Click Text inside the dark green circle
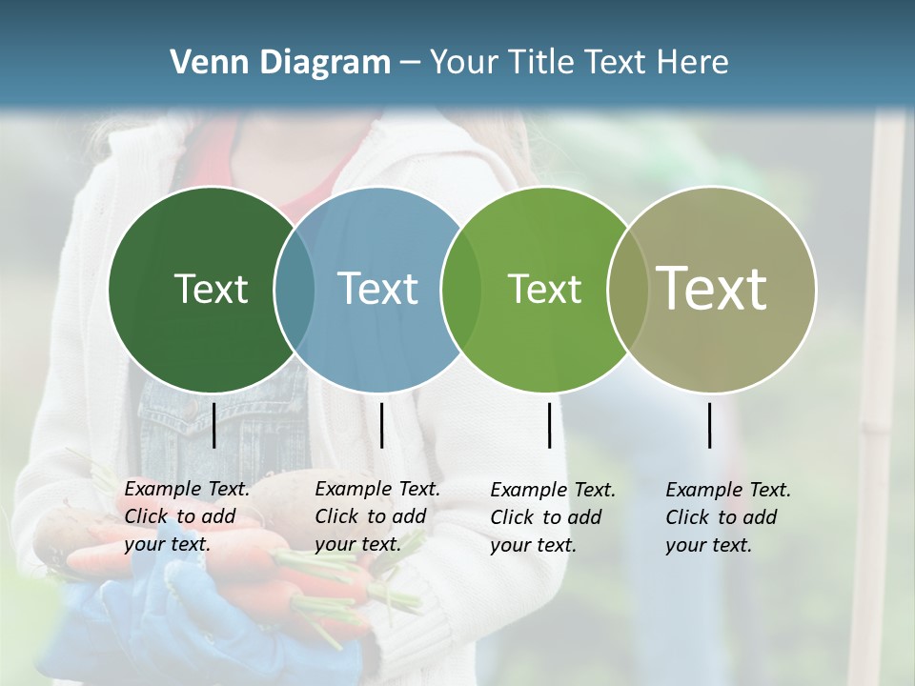(x=211, y=289)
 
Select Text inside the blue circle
(x=377, y=289)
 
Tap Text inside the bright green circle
(x=544, y=289)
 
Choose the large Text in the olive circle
(x=711, y=288)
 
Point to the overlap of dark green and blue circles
(x=295, y=289)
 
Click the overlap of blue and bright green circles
(x=460, y=289)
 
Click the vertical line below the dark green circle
(x=213, y=425)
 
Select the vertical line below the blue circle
(x=381, y=425)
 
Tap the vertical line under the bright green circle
(x=549, y=425)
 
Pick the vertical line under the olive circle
(x=710, y=425)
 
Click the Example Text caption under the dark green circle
(x=187, y=516)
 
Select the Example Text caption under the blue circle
(x=377, y=516)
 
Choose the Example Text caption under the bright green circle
(x=553, y=517)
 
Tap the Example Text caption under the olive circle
(x=728, y=517)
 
